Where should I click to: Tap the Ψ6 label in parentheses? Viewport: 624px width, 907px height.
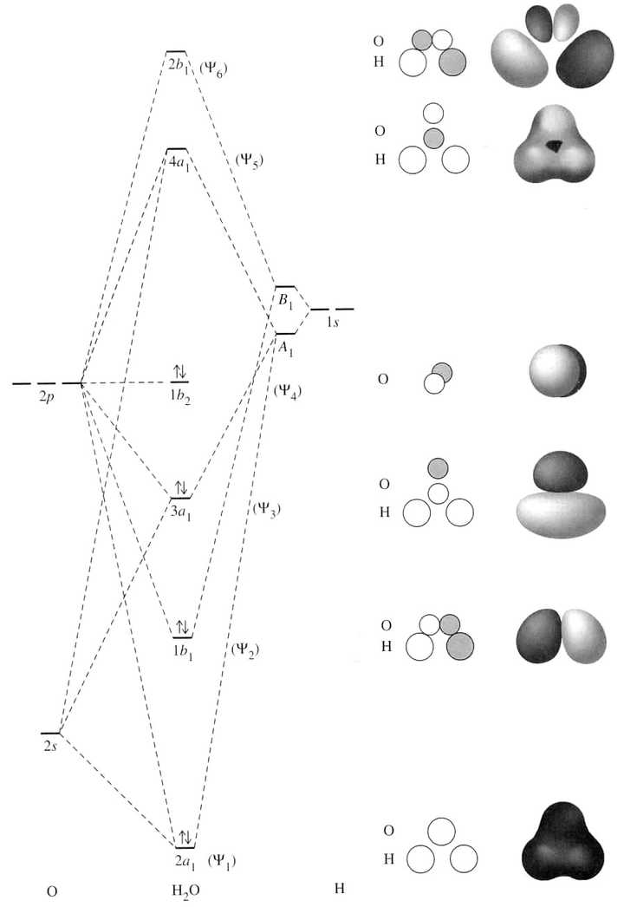(214, 68)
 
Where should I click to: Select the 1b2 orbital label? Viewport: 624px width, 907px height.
(179, 395)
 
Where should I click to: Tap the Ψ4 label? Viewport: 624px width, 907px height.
(287, 391)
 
